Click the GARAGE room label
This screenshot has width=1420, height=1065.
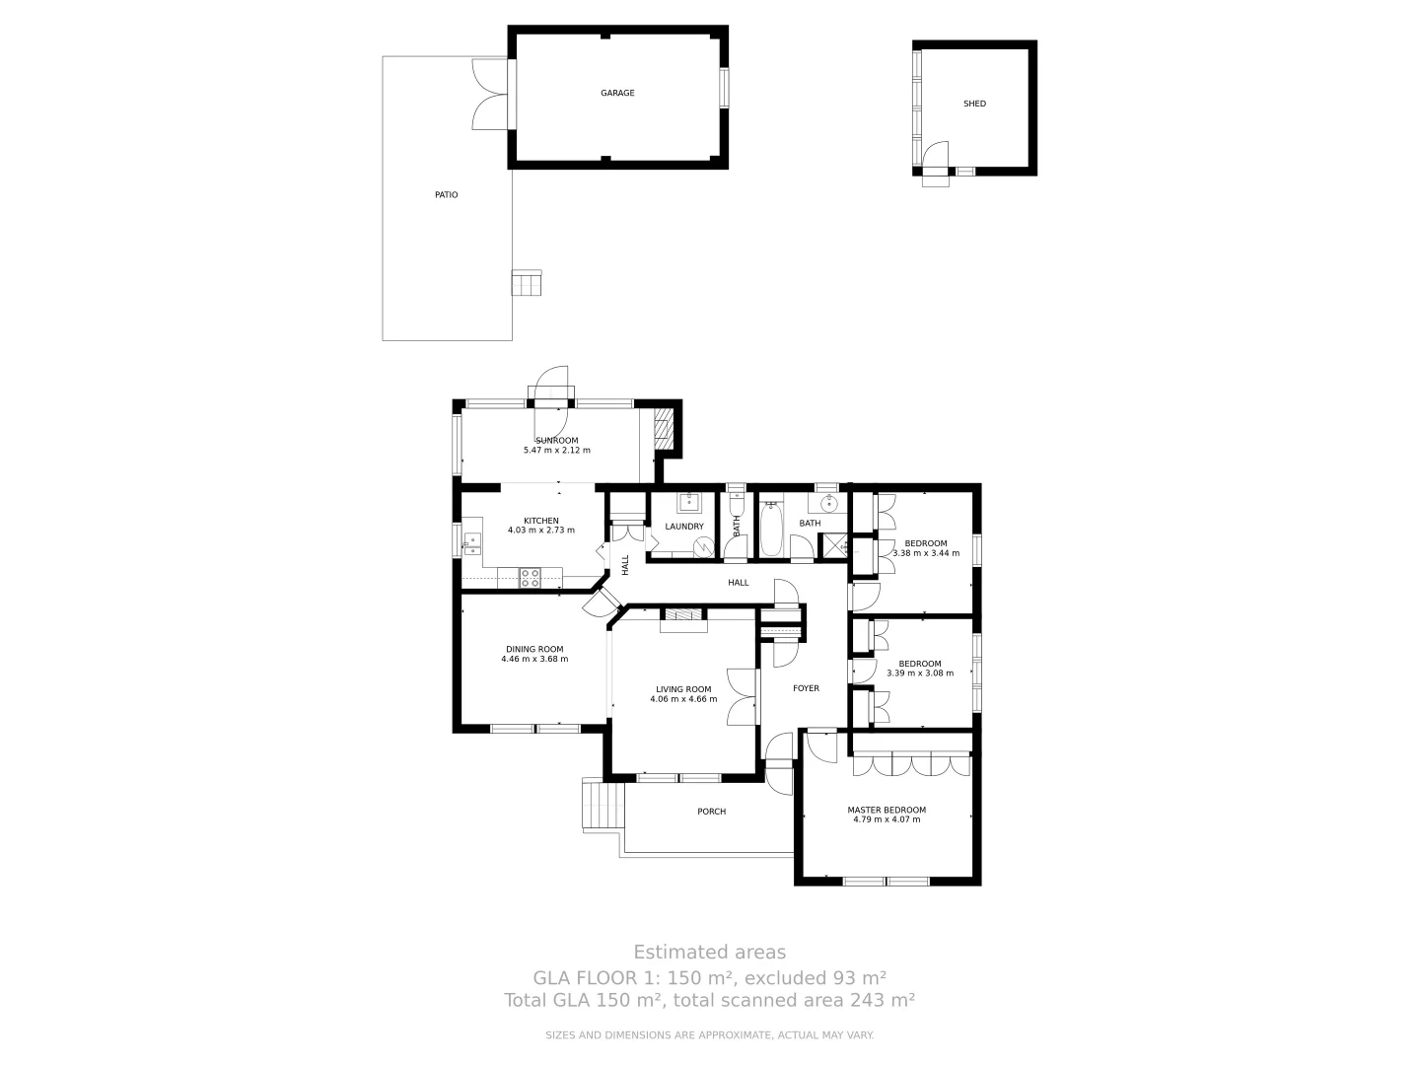[x=617, y=94]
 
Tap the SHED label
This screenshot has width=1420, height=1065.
[x=974, y=104]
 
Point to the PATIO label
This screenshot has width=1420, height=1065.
[x=447, y=195]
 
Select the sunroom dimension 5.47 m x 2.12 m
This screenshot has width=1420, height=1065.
[x=556, y=451]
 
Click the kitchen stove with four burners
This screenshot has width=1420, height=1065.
[x=531, y=578]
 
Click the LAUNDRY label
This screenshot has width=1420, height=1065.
[x=684, y=527]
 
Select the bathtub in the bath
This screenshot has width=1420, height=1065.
[x=771, y=531]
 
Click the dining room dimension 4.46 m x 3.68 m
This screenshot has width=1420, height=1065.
[x=534, y=660]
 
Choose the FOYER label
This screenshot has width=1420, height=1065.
[x=806, y=688]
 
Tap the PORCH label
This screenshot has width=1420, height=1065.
[x=711, y=812]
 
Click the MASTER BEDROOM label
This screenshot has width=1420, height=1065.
[x=887, y=811]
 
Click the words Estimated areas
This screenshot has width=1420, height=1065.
[x=709, y=952]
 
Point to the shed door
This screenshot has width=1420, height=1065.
[x=934, y=158]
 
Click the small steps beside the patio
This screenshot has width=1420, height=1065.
[x=527, y=283]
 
